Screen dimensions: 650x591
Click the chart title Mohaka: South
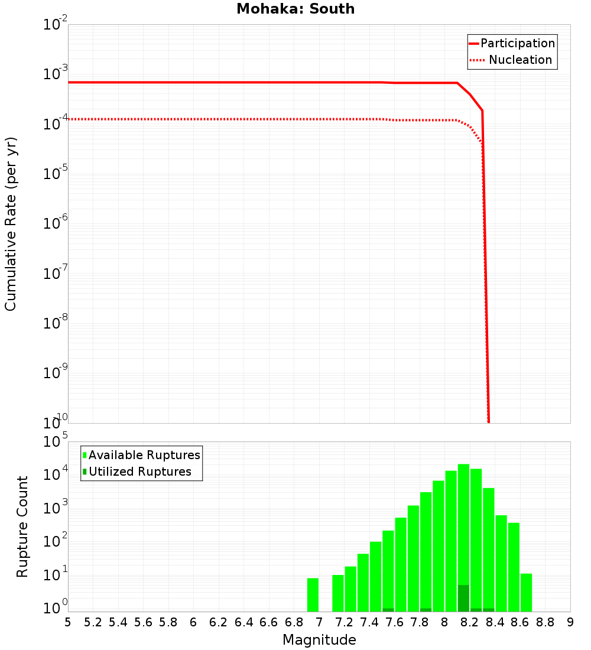[295, 9]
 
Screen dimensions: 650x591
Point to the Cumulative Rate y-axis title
[11, 224]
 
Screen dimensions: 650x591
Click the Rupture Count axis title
[22, 526]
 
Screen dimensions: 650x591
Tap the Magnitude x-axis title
[319, 640]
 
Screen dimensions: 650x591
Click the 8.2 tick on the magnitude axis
[470, 622]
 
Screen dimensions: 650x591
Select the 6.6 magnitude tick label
[269, 622]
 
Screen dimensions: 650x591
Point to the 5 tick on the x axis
[68, 622]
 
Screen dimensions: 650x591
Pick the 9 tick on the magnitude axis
[570, 622]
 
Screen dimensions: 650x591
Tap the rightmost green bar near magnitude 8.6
[526, 592]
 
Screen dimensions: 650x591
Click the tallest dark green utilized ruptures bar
[463, 598]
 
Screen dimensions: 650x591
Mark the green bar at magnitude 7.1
[338, 593]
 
